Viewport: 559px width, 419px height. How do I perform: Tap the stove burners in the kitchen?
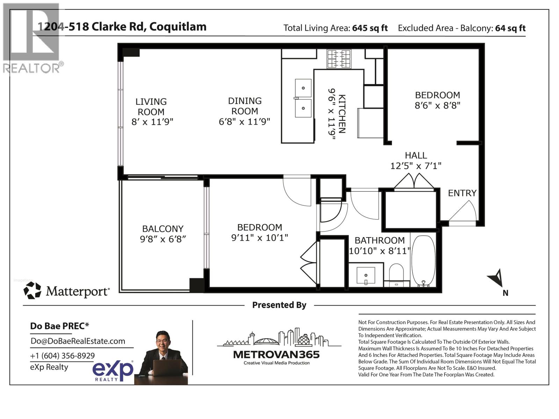339,59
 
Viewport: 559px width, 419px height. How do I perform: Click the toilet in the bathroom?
396,274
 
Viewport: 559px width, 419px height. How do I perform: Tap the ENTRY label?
462,193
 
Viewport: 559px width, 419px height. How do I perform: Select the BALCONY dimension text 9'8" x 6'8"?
163,239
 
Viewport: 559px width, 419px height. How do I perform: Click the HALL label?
416,155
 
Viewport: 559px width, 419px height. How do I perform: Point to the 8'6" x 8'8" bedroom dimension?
437,105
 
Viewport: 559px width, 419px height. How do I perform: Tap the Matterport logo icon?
32,291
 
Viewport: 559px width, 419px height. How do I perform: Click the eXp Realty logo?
112,371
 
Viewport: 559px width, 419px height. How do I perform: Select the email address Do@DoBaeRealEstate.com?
78,341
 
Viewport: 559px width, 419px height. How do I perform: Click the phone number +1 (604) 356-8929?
62,356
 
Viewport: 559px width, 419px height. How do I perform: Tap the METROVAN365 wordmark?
276,355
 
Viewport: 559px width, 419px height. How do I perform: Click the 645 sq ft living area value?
370,28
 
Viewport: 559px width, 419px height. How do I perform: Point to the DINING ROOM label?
245,106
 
